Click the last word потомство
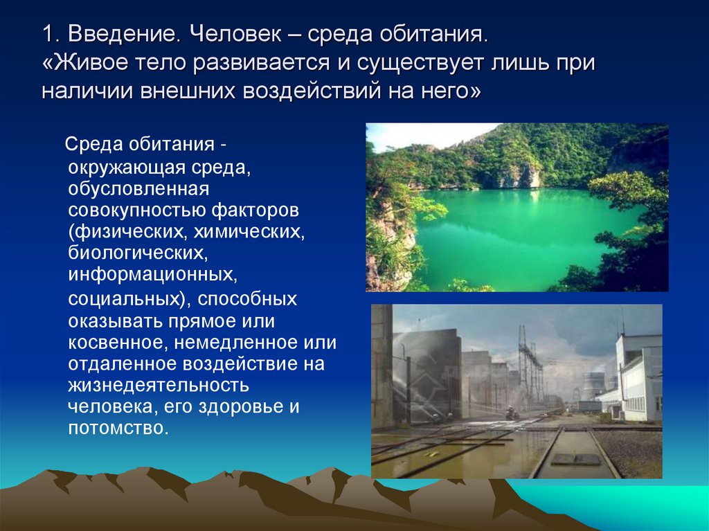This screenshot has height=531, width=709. (117, 428)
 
